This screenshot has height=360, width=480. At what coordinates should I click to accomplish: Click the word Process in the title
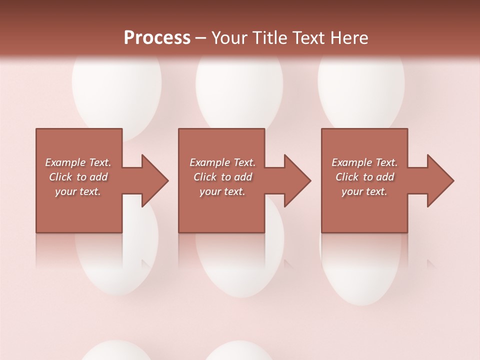(x=157, y=38)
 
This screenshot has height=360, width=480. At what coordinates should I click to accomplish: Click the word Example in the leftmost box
(x=65, y=162)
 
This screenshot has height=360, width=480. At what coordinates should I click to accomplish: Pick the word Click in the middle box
(x=204, y=177)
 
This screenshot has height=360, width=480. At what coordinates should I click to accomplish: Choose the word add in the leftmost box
(x=98, y=177)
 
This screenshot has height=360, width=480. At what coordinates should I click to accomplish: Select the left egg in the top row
(x=116, y=90)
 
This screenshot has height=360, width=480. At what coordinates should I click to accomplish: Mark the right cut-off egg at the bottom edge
(x=238, y=351)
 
